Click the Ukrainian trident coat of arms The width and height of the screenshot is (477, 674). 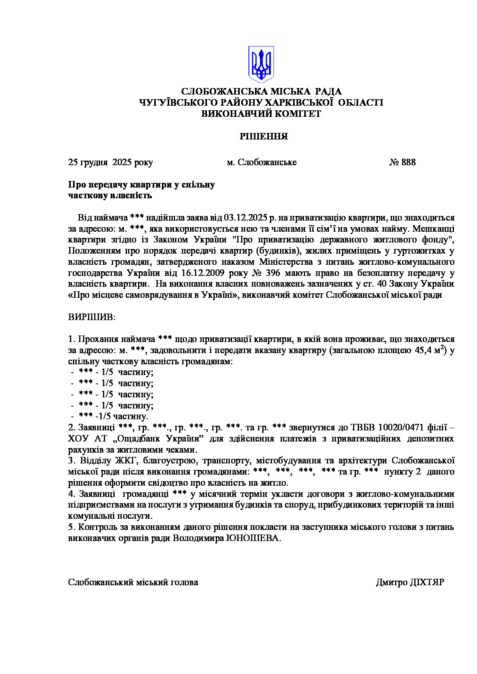(x=261, y=64)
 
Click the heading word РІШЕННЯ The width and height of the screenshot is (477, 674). (x=264, y=136)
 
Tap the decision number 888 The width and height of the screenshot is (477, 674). (x=409, y=162)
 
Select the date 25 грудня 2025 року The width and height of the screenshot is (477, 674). (x=110, y=162)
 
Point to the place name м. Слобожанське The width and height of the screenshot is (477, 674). (x=262, y=162)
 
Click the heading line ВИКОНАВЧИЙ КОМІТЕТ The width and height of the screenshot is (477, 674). (x=261, y=114)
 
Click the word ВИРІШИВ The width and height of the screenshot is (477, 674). (x=92, y=317)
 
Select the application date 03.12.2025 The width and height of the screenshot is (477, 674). (x=245, y=218)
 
